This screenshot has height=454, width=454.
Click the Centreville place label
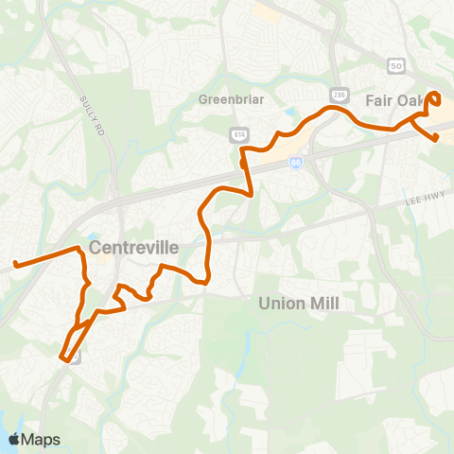pyautogui.click(x=133, y=247)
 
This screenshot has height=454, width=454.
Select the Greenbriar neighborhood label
pyautogui.click(x=223, y=97)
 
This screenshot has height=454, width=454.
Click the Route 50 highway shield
pyautogui.click(x=395, y=63)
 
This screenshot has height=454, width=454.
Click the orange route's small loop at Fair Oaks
pyautogui.click(x=435, y=97)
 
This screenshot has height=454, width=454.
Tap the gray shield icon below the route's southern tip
pyautogui.click(x=76, y=357)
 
